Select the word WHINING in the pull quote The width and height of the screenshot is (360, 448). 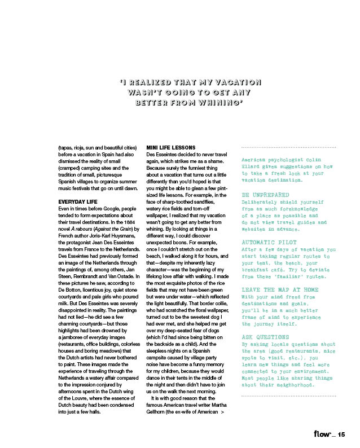216,103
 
